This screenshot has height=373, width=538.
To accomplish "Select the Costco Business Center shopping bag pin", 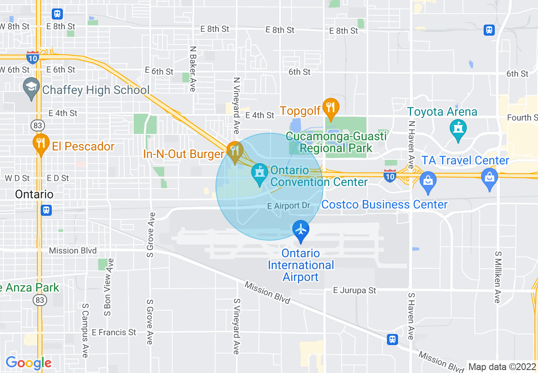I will pyautogui.click(x=428, y=181).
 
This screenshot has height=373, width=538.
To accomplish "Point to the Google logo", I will pyautogui.click(x=28, y=363).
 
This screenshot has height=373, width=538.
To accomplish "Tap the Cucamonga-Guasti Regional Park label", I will pyautogui.click(x=336, y=142).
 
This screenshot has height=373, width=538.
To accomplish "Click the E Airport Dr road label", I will pyautogui.click(x=289, y=206).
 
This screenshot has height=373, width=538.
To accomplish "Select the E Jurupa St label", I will pyautogui.click(x=355, y=290).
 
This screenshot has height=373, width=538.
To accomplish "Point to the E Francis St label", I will pyautogui.click(x=114, y=332).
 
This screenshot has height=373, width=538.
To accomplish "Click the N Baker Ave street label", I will pyautogui.click(x=193, y=69).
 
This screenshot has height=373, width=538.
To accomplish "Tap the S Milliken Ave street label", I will pyautogui.click(x=497, y=277).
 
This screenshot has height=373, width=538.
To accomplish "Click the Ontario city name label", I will pyautogui.click(x=34, y=195).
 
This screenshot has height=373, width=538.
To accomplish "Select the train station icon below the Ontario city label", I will pyautogui.click(x=46, y=210).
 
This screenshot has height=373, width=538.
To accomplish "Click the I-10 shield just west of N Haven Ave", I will pyautogui.click(x=389, y=175).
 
